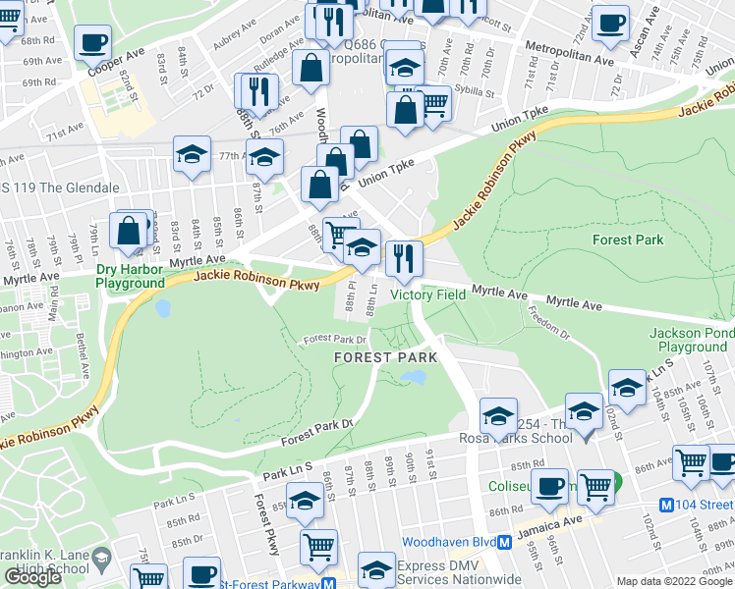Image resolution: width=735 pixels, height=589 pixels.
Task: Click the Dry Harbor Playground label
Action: [130, 276]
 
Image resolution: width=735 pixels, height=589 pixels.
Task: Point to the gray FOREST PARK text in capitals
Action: [378, 358]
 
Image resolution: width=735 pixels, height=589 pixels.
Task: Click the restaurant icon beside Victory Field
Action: [404, 258]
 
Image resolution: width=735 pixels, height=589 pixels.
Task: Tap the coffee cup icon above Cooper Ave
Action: [93, 42]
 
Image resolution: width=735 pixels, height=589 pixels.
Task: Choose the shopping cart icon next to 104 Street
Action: [692, 461]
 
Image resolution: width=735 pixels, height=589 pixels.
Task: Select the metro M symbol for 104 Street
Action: [666, 505]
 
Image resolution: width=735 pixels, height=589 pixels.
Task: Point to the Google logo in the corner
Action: [33, 577]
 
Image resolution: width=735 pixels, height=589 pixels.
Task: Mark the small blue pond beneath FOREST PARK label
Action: [415, 377]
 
